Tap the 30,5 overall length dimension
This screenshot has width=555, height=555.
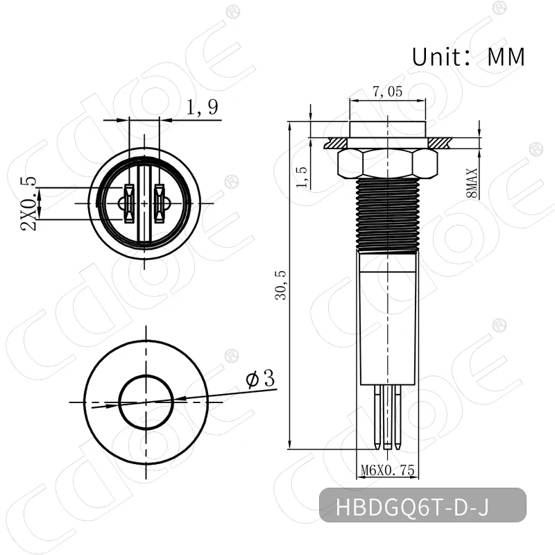click(280, 284)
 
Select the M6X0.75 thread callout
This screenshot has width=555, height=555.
click(388, 471)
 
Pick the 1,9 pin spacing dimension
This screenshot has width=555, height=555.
click(202, 108)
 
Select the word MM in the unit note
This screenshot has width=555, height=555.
click(506, 57)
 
